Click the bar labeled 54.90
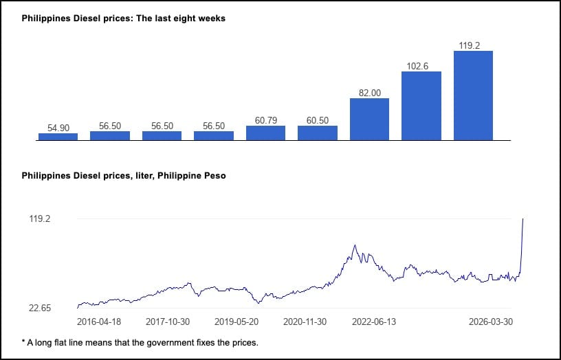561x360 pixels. (x=58, y=137)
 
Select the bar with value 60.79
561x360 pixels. (x=265, y=133)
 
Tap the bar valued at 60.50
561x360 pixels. (x=318, y=133)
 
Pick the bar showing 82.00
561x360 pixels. (x=369, y=120)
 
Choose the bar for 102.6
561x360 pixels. (x=421, y=106)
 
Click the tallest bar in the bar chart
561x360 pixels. (x=473, y=95)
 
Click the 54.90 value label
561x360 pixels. (x=58, y=128)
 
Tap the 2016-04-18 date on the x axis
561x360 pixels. (x=99, y=322)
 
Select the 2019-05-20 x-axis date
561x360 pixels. (x=236, y=322)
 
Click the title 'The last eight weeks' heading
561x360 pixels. (x=124, y=19)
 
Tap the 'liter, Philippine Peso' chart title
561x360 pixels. (x=124, y=176)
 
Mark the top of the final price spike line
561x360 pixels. (x=523, y=219)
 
